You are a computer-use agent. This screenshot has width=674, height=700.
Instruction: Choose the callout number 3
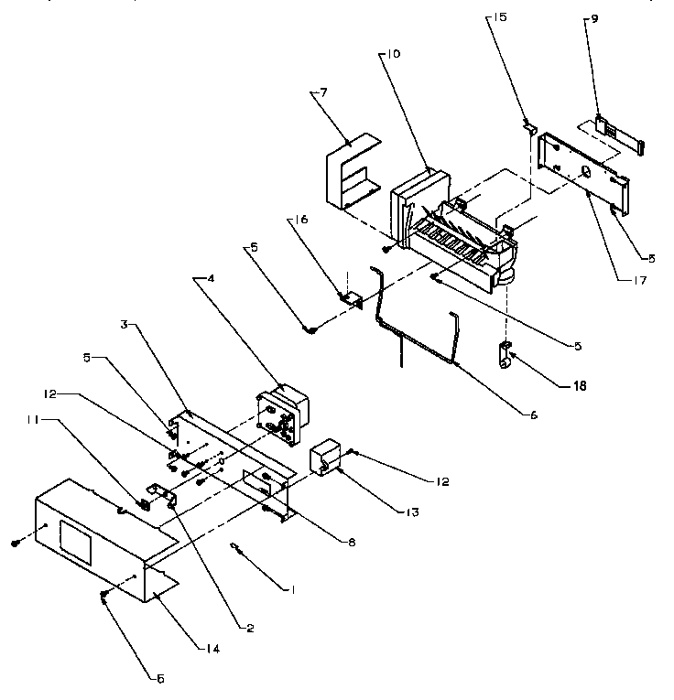click(x=124, y=324)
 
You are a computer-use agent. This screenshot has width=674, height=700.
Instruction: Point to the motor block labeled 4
click(x=283, y=417)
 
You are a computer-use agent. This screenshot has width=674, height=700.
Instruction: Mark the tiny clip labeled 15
click(x=529, y=128)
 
